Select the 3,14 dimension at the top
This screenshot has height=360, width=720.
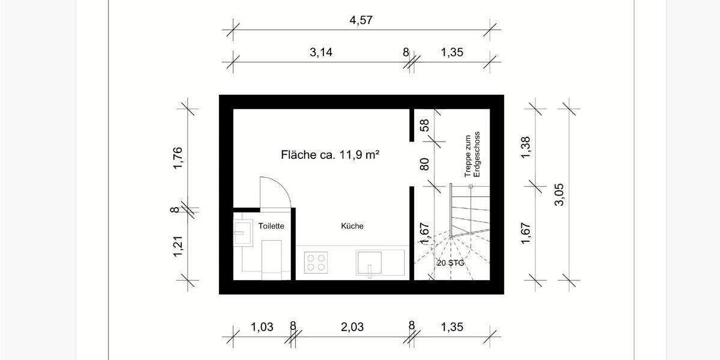click(321, 52)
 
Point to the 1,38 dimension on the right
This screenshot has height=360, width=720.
click(526, 147)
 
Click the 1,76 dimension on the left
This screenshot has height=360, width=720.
click(178, 158)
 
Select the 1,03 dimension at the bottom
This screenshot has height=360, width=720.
click(262, 327)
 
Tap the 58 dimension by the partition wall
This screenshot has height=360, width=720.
click(424, 125)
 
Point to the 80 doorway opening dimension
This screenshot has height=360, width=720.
click(424, 164)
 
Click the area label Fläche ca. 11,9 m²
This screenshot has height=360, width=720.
click(329, 155)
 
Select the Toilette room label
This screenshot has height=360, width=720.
click(271, 226)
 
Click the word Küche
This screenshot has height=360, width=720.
click(352, 226)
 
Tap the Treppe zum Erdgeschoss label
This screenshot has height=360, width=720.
click(473, 154)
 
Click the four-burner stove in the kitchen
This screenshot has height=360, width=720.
click(316, 262)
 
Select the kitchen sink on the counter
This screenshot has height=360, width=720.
click(369, 262)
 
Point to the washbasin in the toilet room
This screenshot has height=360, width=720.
click(244, 232)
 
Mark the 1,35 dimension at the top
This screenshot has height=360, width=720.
click(452, 52)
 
